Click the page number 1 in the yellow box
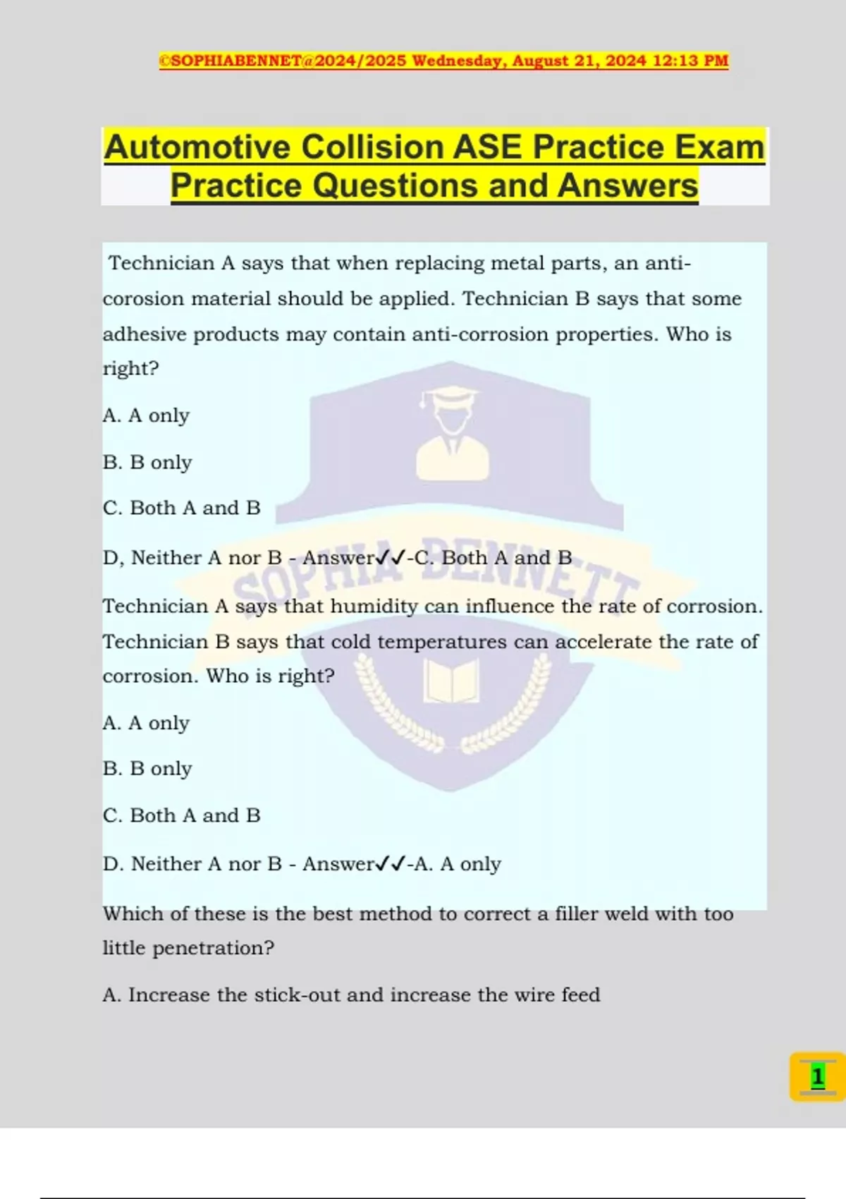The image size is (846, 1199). (x=817, y=1077)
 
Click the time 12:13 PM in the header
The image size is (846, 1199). (x=690, y=61)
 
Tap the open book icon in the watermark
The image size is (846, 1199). (x=451, y=681)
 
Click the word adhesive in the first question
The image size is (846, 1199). (x=145, y=334)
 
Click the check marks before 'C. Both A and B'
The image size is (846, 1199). (x=391, y=558)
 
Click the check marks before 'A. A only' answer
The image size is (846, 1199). (x=391, y=864)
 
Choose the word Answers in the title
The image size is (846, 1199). (x=627, y=186)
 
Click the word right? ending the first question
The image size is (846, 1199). (x=130, y=369)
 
